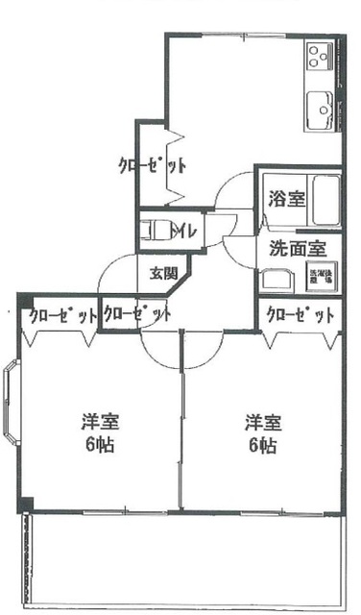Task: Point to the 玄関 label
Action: tap(162, 273)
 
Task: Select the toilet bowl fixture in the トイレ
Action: tap(154, 231)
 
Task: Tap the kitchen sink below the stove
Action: tap(318, 108)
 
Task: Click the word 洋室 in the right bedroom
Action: tap(262, 423)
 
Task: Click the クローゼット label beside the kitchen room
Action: tap(151, 164)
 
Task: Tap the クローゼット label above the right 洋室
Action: tap(300, 315)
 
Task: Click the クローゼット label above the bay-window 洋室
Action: tap(61, 315)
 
